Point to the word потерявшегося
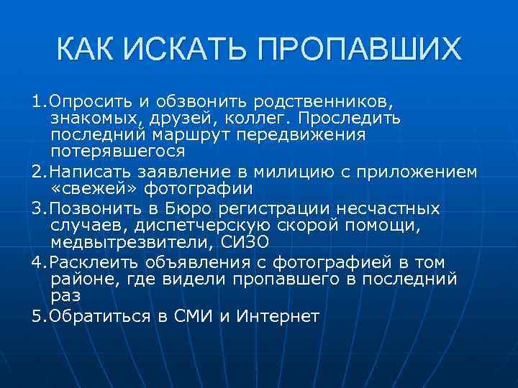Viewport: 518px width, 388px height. coord(118,152)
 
